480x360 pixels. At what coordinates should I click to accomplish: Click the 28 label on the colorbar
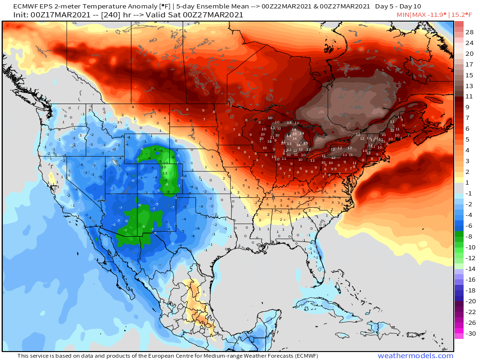(x=469, y=32)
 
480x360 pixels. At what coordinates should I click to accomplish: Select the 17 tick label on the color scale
(x=469, y=64)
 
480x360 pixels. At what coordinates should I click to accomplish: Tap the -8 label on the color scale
(x=469, y=236)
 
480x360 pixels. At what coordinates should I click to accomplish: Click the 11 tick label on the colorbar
(x=469, y=97)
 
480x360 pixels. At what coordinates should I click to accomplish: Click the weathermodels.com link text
(x=415, y=356)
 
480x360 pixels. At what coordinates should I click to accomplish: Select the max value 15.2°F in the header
(x=463, y=15)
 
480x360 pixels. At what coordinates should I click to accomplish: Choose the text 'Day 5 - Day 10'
(x=397, y=7)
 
